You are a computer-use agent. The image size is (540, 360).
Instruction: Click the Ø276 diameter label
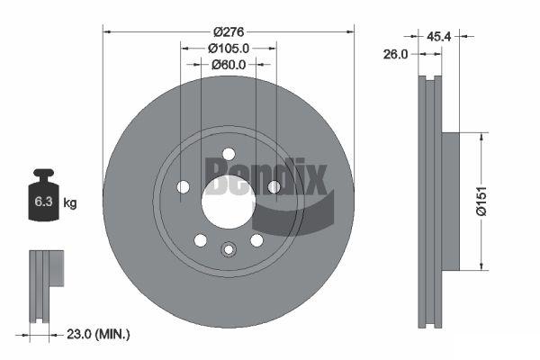pos(229,32)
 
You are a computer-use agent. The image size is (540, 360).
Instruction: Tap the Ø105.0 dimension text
pos(229,49)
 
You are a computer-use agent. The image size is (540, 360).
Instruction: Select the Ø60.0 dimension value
pos(229,65)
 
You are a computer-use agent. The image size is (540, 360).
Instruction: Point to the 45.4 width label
pos(439,36)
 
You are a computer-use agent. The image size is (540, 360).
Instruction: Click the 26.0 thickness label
pos(395,54)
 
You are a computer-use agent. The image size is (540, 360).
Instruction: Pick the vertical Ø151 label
pos(481,202)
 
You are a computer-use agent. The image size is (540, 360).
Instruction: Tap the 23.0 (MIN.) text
pos(98,334)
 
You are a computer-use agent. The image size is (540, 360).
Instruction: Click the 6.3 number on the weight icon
pos(43,202)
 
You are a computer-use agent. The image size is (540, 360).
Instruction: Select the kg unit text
pos(70,202)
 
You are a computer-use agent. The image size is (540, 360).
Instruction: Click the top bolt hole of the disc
pos(229,154)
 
